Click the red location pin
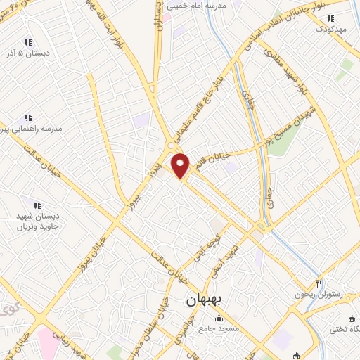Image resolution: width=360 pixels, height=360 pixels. point(181,166)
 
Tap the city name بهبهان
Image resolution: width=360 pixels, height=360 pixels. point(205,300)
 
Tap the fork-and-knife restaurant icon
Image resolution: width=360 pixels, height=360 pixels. point(319,283)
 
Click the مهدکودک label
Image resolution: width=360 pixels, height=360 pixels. point(332,29)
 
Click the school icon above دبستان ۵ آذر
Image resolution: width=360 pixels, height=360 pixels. point(29,41)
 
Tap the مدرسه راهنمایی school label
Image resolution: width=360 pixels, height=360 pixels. point(32,129)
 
